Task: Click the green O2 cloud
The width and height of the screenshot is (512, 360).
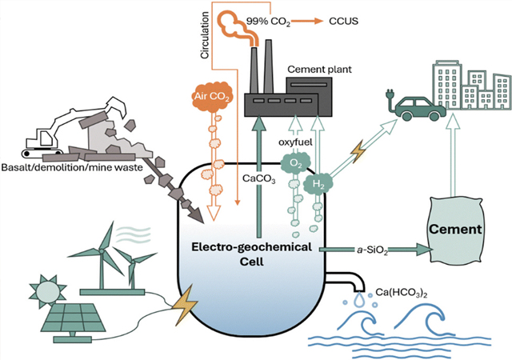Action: coord(297,164)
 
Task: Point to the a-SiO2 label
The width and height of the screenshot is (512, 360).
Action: coord(375,250)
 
